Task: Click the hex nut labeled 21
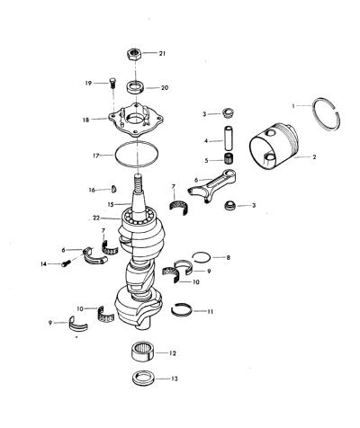click(x=134, y=54)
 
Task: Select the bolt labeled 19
click(x=112, y=83)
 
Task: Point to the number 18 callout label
click(x=85, y=120)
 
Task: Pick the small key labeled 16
click(x=114, y=190)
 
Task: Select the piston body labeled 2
click(x=274, y=146)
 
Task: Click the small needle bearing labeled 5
click(x=229, y=158)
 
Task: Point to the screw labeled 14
click(x=67, y=263)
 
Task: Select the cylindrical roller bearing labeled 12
click(x=143, y=352)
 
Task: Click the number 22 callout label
click(x=96, y=218)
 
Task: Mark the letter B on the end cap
click(x=122, y=124)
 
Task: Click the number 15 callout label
click(x=111, y=204)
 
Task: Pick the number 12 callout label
click(x=172, y=353)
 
